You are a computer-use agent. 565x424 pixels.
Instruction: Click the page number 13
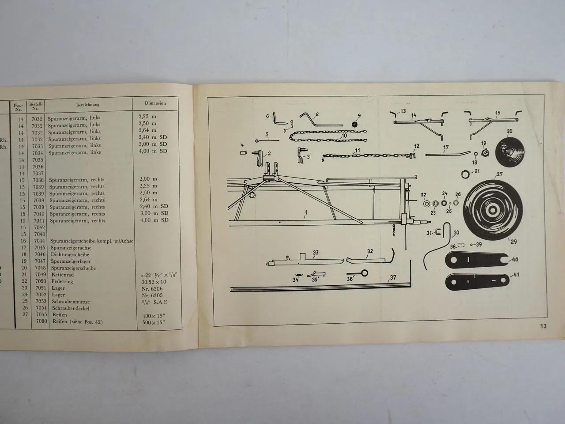[542, 326]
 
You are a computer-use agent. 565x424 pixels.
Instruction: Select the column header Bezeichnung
[87, 105]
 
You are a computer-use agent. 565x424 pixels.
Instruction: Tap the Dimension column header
[155, 103]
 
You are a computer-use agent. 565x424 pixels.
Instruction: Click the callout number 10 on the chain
[344, 135]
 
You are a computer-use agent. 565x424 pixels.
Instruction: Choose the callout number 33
[315, 253]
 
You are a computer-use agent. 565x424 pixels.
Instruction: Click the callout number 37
[393, 278]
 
